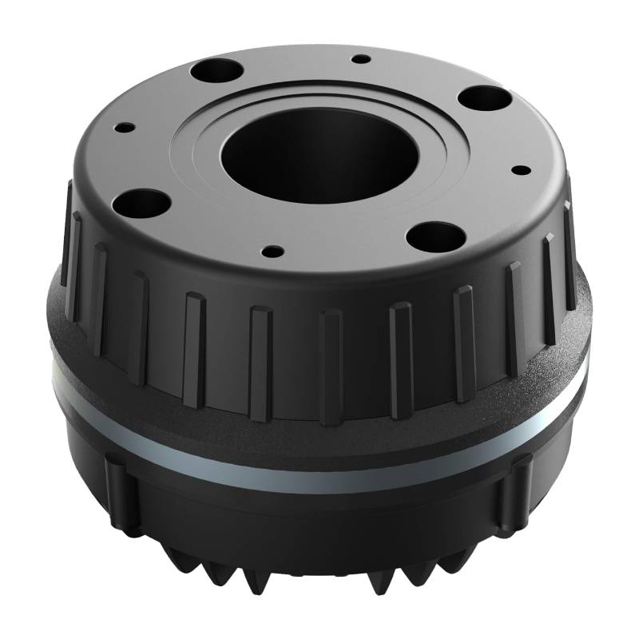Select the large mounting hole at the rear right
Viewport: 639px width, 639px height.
coord(485,99)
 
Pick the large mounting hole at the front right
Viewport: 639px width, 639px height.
coord(434,236)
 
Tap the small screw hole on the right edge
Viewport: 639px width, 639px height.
coord(521,169)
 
